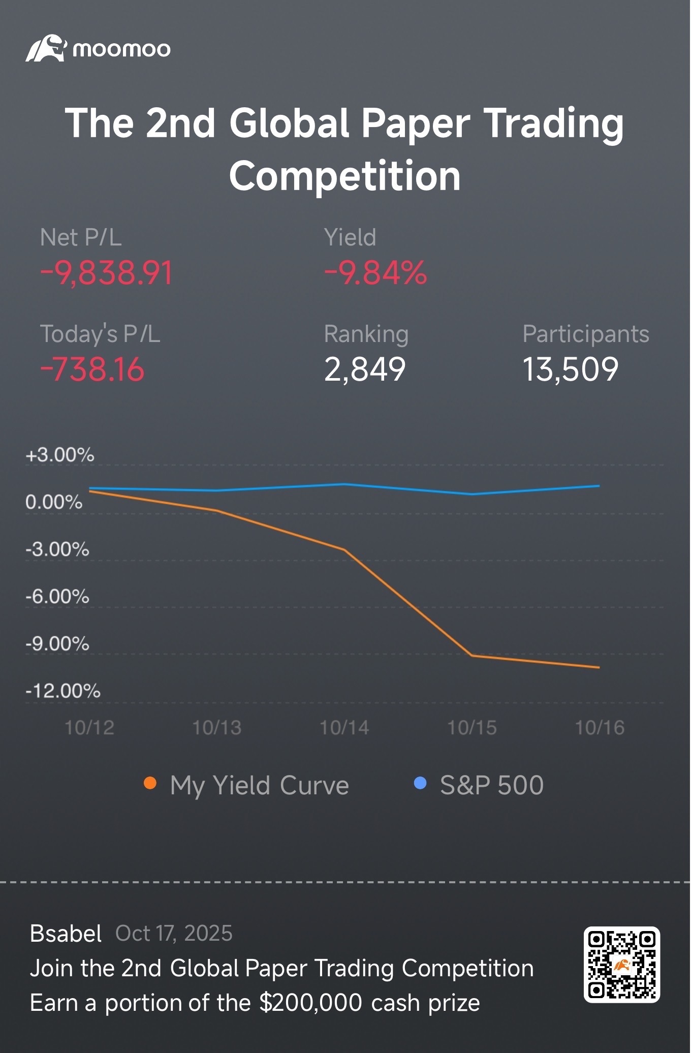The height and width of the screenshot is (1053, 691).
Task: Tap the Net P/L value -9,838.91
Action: [107, 273]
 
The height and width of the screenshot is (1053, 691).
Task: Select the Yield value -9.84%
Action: [375, 273]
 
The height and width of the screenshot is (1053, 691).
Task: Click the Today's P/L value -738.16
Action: [92, 369]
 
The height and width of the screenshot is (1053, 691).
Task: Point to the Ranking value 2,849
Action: [365, 369]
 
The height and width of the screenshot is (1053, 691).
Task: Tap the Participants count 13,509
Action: [570, 369]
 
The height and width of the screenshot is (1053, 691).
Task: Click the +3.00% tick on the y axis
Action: [60, 455]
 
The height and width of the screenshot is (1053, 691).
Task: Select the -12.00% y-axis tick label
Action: [63, 691]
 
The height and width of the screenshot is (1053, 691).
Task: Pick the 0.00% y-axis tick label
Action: [54, 502]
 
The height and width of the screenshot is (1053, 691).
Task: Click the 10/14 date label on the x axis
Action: [344, 728]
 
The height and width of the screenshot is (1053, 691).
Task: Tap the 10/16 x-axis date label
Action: [600, 728]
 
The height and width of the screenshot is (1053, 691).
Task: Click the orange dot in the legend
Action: [150, 783]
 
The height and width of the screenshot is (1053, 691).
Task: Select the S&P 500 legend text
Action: [492, 785]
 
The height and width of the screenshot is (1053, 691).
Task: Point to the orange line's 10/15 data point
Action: [472, 656]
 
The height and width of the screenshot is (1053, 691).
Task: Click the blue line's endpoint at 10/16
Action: [599, 486]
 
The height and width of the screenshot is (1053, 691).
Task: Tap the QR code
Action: [621, 965]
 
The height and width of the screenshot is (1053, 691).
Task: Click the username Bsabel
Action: [66, 934]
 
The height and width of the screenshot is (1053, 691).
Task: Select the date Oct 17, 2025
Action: [174, 934]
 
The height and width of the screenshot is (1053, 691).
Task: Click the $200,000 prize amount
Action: [310, 1003]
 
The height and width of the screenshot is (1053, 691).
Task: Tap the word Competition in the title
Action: [345, 176]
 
